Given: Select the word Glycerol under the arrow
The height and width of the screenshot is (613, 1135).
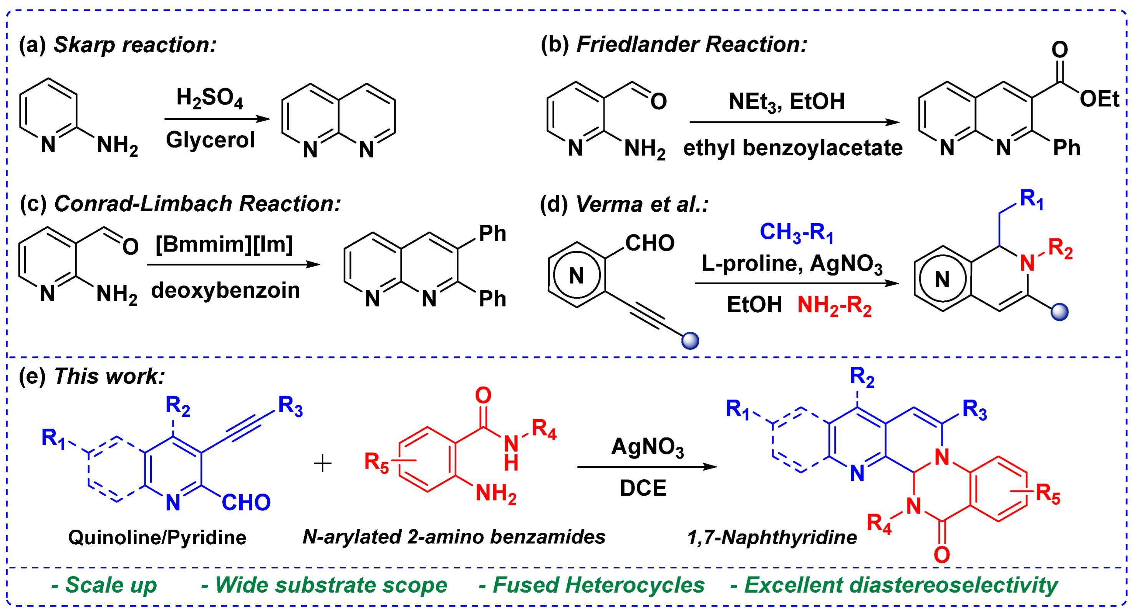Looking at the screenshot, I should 210,140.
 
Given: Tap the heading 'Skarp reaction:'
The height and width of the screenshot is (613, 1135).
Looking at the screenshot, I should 134,45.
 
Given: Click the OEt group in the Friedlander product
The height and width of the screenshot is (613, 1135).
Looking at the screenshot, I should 1099,99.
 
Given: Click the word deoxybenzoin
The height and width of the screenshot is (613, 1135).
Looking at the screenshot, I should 225,290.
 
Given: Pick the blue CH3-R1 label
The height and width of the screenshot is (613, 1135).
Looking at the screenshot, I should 796,232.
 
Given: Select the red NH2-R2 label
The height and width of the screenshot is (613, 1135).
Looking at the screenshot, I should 834,305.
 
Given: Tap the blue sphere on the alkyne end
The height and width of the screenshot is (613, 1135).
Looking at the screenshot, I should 690,341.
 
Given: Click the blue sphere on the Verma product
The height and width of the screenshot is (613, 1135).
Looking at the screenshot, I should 1059,312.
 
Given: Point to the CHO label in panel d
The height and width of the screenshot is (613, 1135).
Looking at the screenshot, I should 650,243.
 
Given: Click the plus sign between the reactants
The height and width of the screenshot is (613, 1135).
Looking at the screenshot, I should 323,464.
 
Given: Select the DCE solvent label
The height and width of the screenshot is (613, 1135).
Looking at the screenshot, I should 643,488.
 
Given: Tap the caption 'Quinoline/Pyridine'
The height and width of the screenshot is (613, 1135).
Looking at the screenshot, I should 157,538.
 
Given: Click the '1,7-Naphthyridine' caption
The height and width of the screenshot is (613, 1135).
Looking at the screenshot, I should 772,538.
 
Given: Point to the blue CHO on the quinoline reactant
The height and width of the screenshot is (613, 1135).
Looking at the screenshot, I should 246,502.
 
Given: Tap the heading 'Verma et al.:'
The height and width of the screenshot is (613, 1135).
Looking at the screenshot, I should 641,204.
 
